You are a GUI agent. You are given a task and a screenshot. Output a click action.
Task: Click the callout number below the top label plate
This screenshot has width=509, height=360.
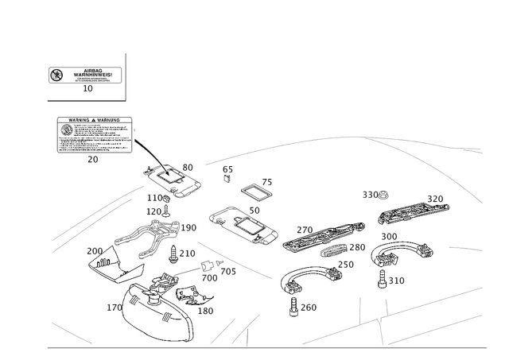(x=88, y=90)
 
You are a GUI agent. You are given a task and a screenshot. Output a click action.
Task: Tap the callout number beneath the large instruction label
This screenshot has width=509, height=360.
(x=93, y=159)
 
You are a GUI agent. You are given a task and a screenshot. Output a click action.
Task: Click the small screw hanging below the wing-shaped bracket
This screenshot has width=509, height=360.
(x=388, y=279)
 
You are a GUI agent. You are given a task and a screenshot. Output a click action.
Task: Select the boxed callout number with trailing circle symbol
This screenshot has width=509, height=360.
(x=375, y=193)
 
